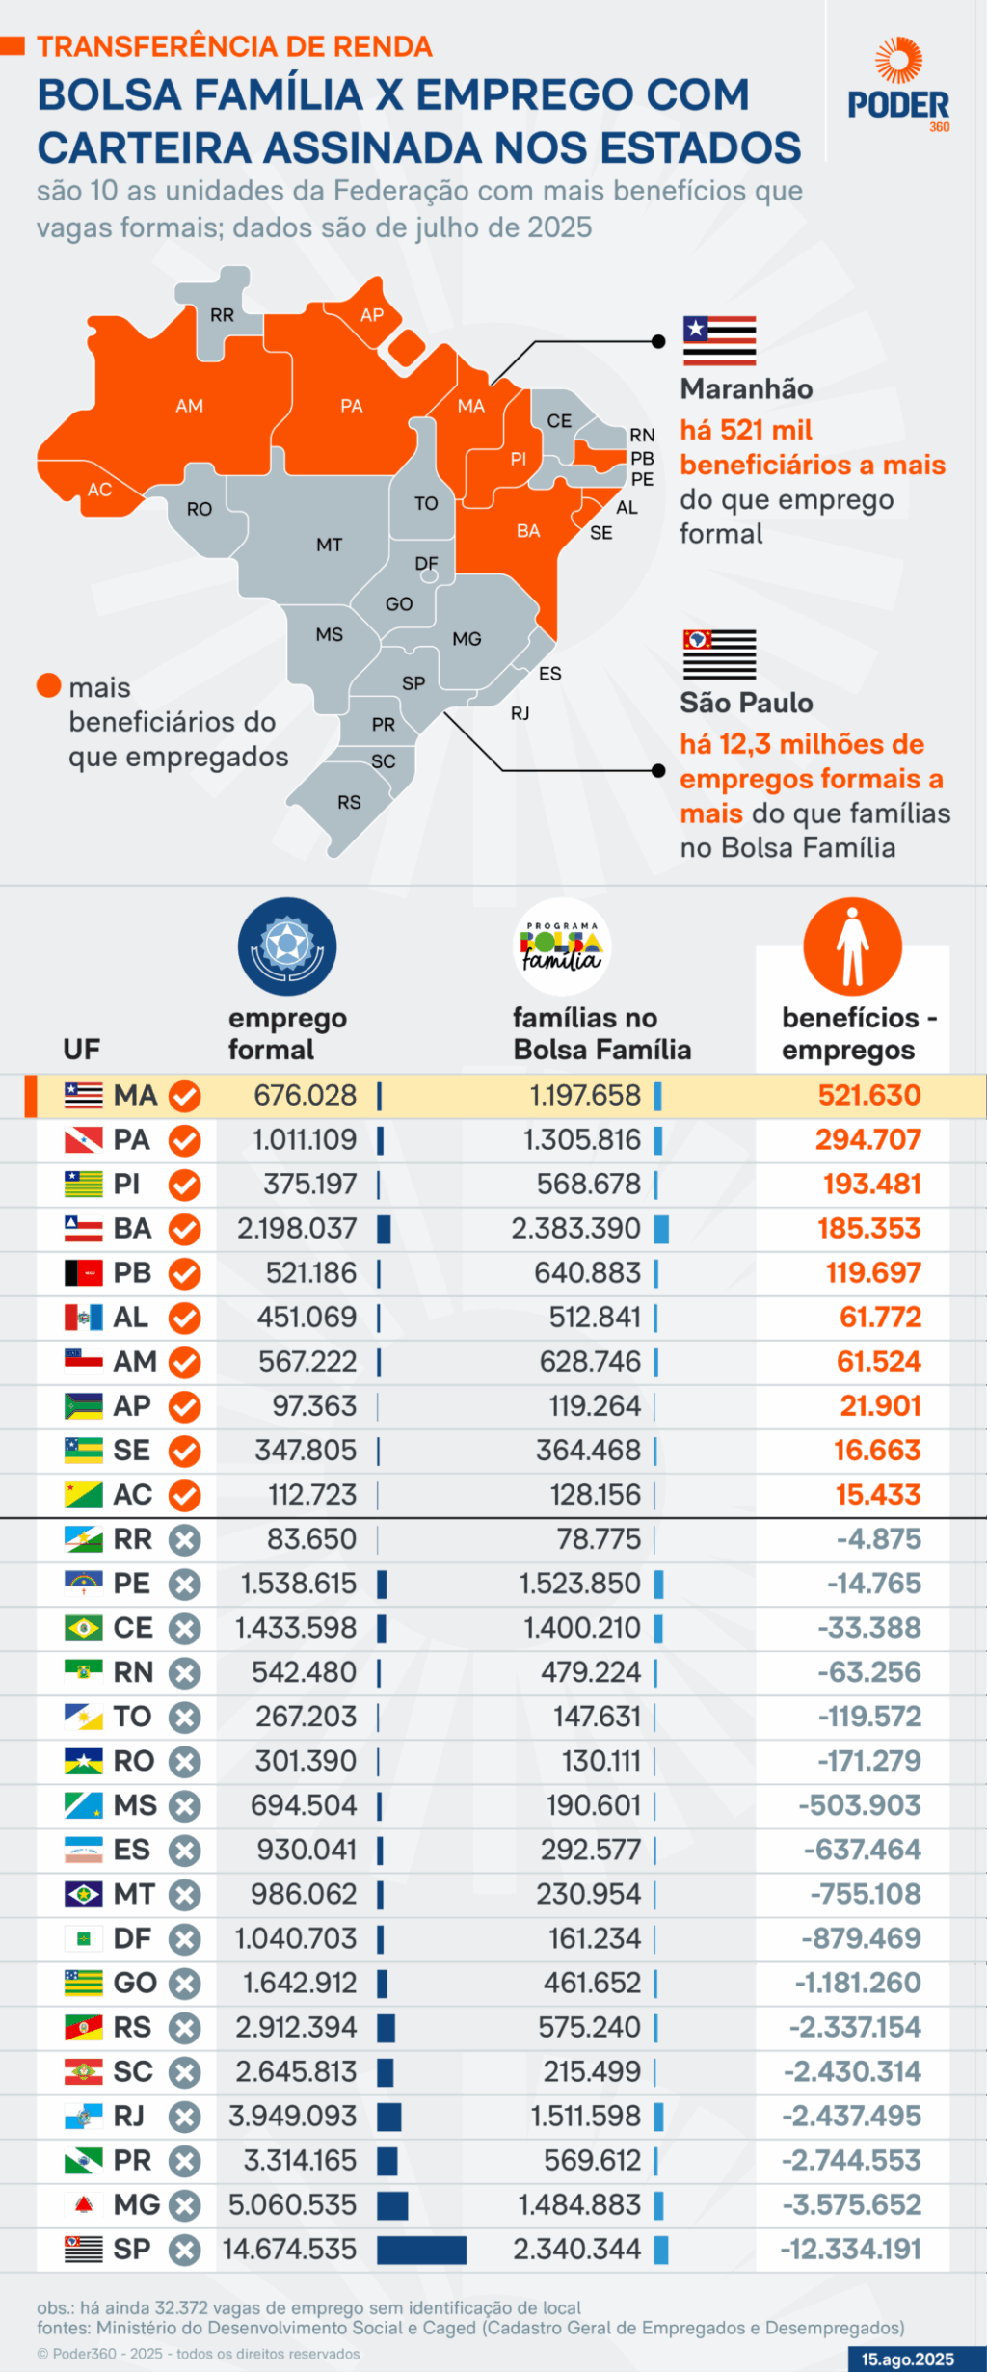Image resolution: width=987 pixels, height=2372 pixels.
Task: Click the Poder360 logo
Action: click(x=898, y=85)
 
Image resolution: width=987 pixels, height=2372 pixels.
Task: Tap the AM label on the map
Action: click(x=189, y=406)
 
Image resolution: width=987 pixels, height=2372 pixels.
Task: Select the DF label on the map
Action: click(x=426, y=563)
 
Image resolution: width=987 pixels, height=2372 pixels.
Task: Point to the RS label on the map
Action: click(x=349, y=802)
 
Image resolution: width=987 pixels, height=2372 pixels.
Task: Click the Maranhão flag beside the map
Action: click(x=719, y=340)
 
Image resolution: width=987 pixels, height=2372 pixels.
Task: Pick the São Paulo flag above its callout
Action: click(x=719, y=654)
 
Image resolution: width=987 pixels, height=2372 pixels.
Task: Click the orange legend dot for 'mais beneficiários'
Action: click(x=49, y=685)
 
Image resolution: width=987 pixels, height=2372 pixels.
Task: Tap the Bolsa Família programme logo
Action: click(x=563, y=946)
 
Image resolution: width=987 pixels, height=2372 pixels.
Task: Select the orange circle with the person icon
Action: click(x=852, y=946)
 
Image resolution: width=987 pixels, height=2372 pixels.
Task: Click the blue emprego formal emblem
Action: click(x=287, y=946)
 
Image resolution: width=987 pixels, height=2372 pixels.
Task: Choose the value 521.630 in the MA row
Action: click(x=869, y=1095)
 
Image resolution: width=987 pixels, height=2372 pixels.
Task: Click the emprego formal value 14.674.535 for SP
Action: click(x=290, y=2249)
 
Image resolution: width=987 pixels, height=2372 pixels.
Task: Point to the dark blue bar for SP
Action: click(x=421, y=2250)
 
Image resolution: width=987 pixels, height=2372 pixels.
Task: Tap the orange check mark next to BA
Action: click(x=184, y=1229)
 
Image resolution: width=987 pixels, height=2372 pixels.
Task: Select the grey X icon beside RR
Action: click(x=184, y=1539)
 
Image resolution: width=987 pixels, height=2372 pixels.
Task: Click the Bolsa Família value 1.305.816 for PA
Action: click(x=582, y=1139)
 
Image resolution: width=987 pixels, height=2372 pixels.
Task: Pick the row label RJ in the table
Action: click(x=129, y=2116)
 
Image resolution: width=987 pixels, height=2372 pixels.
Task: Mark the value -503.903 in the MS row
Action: click(x=860, y=1804)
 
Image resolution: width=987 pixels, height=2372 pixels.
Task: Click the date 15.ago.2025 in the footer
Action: click(x=907, y=2359)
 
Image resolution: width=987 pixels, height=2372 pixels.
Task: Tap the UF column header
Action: click(x=82, y=1049)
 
